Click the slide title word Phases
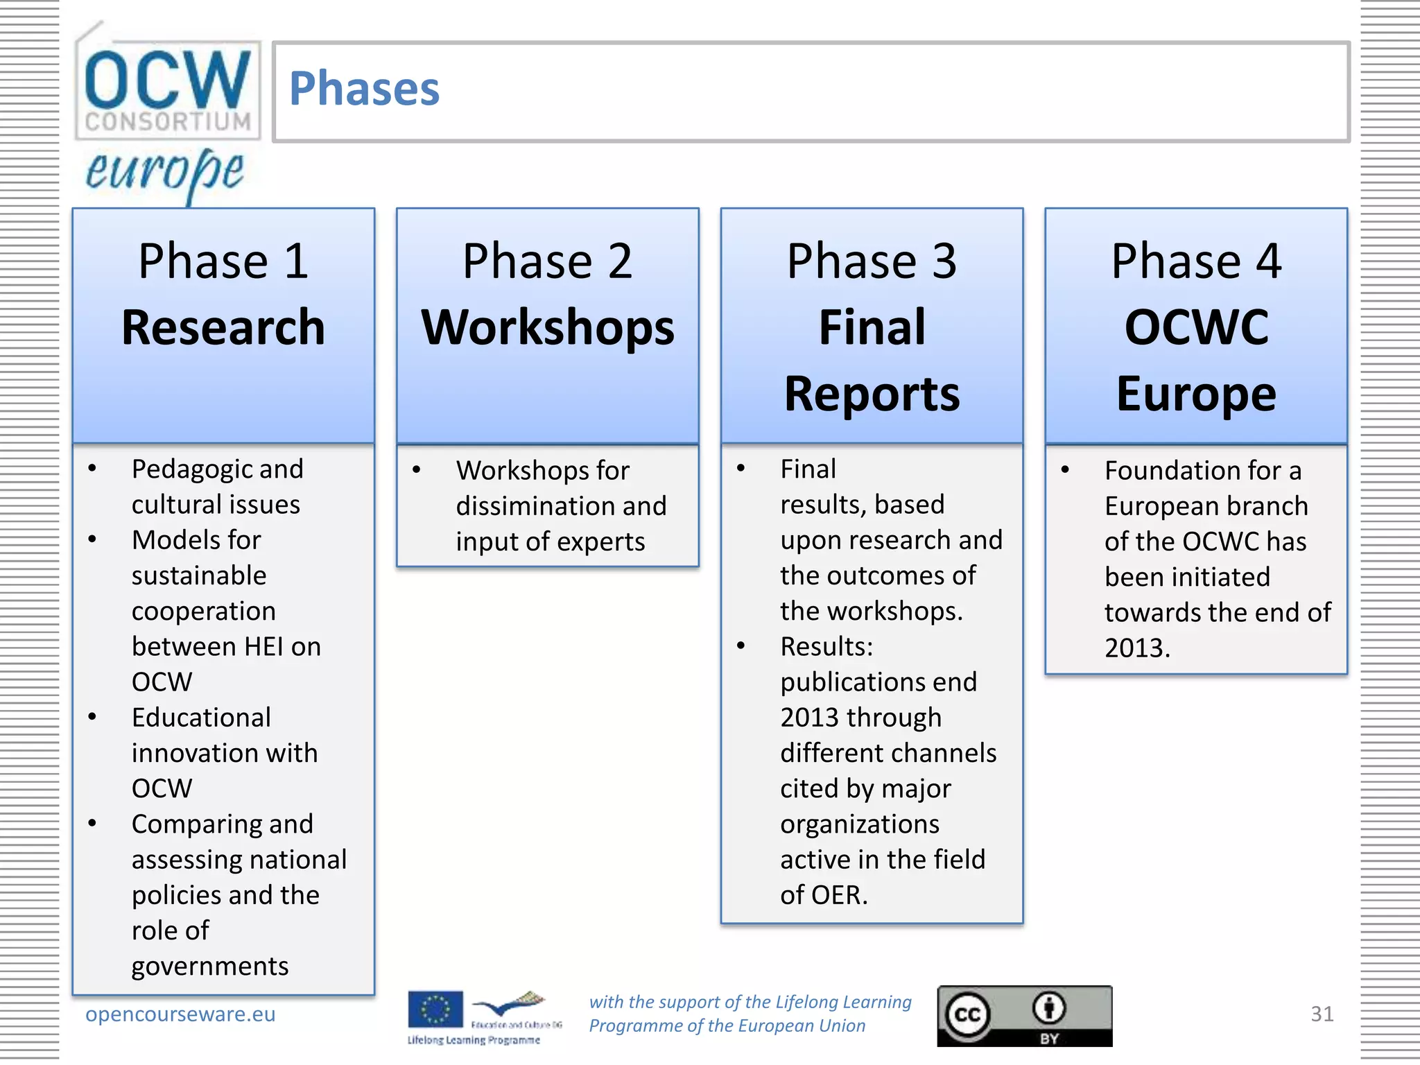364,89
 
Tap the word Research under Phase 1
223,327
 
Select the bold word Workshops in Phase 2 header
548,327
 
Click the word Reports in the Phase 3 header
872,394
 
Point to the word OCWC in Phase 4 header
1196,327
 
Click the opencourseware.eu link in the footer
180,1014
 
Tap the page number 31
1322,1014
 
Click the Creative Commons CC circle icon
968,1015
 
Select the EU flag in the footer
435,1010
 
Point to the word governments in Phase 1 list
210,966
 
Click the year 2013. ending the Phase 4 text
1137,648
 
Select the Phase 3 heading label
872,261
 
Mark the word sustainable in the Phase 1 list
199,575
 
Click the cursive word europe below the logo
165,172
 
